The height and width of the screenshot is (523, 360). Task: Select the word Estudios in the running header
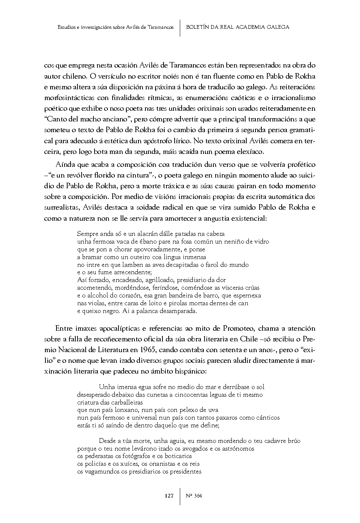(67, 27)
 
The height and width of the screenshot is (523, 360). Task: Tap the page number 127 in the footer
(169, 496)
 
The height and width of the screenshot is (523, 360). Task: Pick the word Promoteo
(239, 328)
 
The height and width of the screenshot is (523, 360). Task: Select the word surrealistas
(62, 207)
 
